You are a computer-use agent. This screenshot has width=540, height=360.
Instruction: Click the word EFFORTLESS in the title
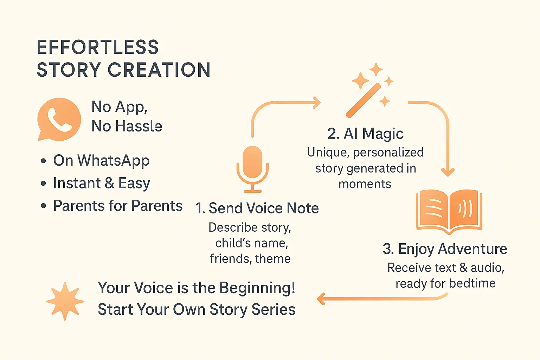[98, 47]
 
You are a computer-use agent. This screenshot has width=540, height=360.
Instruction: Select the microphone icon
[252, 169]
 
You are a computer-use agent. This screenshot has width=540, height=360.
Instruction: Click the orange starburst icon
[65, 301]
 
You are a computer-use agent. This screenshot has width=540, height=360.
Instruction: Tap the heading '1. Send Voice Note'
[257, 208]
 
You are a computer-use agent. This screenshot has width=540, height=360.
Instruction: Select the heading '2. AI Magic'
[365, 134]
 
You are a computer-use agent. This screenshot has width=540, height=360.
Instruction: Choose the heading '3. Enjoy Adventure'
[445, 249]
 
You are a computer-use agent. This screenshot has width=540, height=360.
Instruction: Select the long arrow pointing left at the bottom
[380, 299]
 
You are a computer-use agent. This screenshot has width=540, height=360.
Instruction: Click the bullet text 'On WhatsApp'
[101, 161]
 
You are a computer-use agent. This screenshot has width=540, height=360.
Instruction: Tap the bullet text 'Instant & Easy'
[101, 183]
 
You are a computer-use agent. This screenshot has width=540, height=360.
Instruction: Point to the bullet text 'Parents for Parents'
[118, 206]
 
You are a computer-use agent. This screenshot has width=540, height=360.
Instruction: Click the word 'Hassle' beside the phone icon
[139, 126]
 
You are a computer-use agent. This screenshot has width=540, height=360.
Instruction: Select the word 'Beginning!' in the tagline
[257, 288]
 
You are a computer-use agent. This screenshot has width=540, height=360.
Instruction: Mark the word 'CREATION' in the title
[159, 70]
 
